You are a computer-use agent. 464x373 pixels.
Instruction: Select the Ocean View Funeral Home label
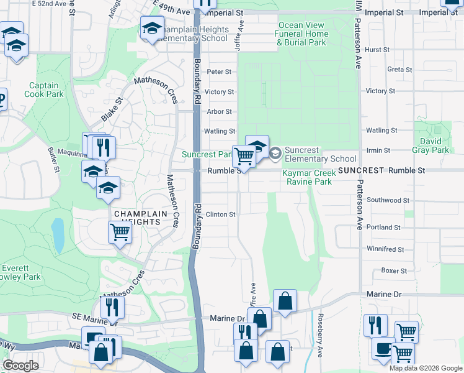302,34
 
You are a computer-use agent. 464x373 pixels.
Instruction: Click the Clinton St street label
221,214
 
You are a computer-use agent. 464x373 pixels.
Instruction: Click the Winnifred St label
385,249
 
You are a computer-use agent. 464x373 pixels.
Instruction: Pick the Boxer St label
394,271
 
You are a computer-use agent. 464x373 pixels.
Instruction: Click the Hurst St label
377,49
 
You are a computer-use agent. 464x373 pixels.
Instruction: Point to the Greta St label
395,70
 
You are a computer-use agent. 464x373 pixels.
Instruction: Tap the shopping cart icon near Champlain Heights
120,233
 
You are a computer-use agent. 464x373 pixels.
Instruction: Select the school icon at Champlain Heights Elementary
152,27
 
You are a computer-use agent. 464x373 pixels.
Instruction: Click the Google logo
20,366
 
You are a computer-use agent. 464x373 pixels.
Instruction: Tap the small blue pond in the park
58,236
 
